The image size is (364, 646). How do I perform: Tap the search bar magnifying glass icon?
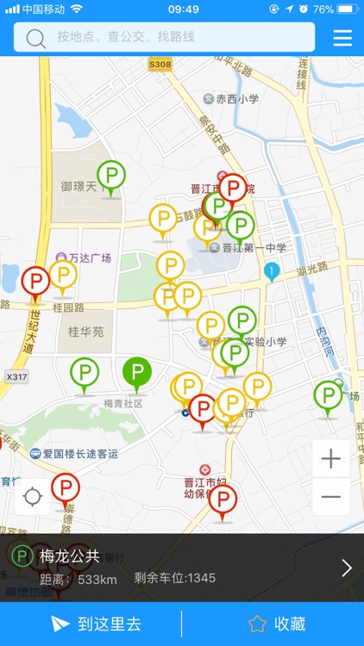pyautogui.click(x=36, y=38)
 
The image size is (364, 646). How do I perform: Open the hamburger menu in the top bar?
pyautogui.click(x=342, y=38)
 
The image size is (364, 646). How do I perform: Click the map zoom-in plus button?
pyautogui.click(x=331, y=459)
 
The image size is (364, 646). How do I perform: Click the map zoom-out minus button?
pyautogui.click(x=331, y=497)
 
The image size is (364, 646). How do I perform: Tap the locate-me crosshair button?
pyautogui.click(x=33, y=497)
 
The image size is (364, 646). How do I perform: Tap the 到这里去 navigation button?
pyautogui.click(x=95, y=624)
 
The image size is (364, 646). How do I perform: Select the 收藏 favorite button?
pyautogui.click(x=277, y=624)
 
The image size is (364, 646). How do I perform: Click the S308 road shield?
pyautogui.click(x=160, y=65)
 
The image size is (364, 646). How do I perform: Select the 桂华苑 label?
pyautogui.click(x=85, y=330)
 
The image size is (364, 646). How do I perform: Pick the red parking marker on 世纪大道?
pyautogui.click(x=35, y=281)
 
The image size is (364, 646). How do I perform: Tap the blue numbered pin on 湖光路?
pyautogui.click(x=271, y=272)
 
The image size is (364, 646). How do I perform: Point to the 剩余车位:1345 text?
pyautogui.click(x=175, y=578)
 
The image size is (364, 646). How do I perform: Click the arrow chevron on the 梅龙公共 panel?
pyautogui.click(x=347, y=567)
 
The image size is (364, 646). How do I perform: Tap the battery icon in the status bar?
pyautogui.click(x=348, y=9)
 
